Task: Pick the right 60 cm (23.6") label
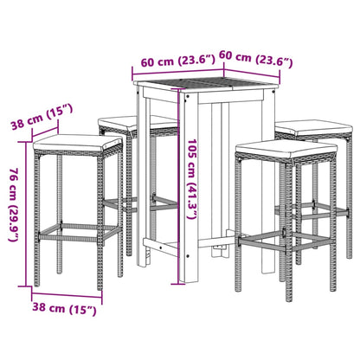pos(256,61)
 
